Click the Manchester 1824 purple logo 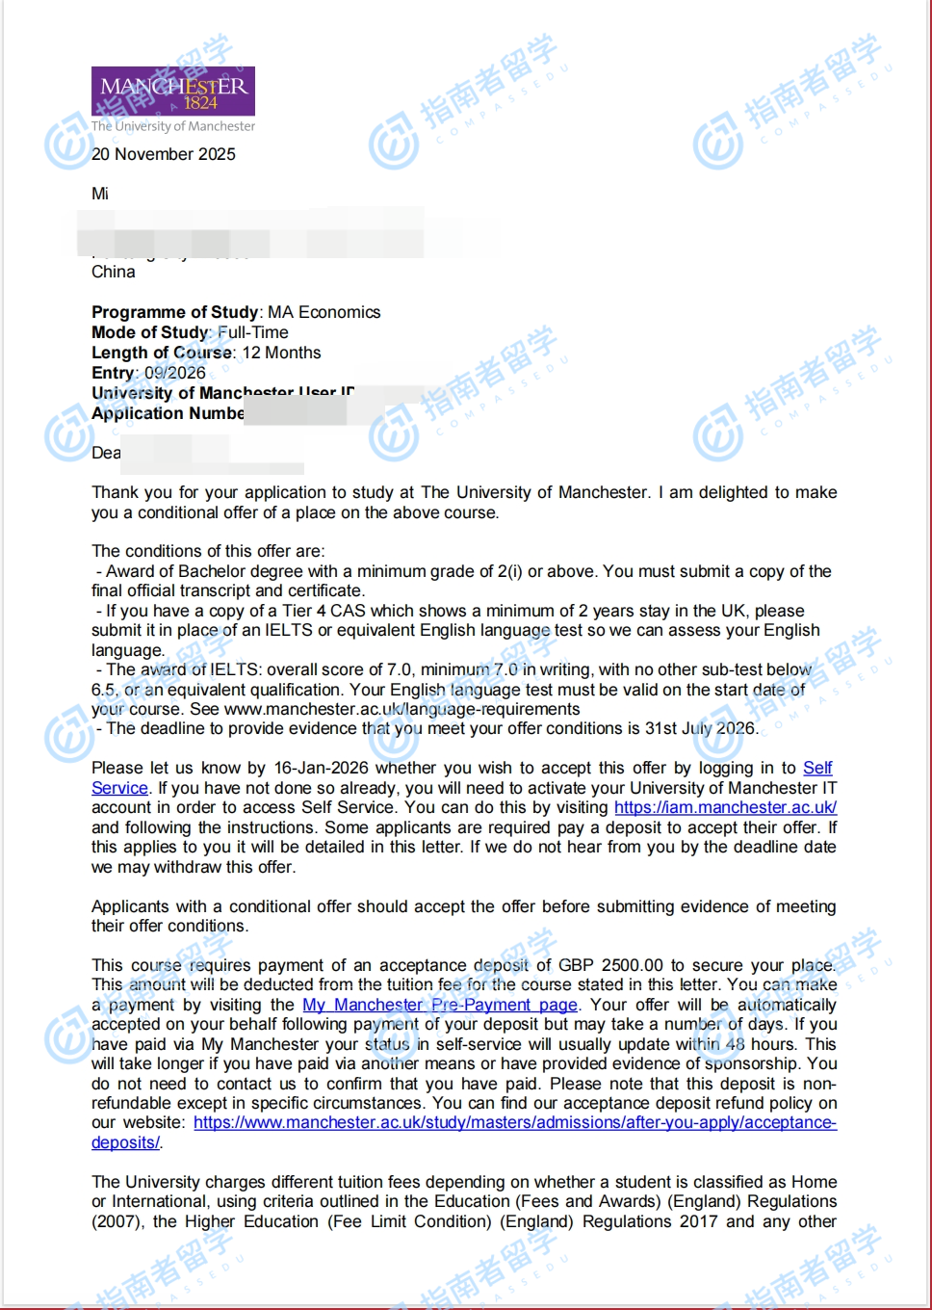tap(173, 92)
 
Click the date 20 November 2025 tap(164, 154)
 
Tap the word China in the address tap(114, 272)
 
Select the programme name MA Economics tap(324, 312)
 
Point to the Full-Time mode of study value tap(253, 332)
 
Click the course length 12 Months tap(281, 353)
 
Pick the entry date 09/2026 tap(175, 373)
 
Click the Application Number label tap(168, 413)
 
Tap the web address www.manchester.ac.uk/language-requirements tap(401, 709)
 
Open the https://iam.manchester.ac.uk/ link tap(725, 807)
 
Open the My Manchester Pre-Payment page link tap(440, 1005)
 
